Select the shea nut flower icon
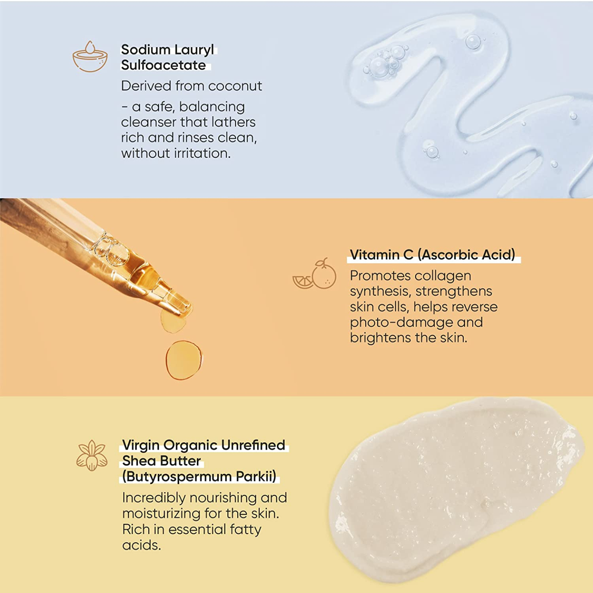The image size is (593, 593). [x=92, y=455]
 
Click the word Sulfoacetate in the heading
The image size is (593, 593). [x=163, y=65]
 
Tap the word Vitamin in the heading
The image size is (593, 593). [x=375, y=254]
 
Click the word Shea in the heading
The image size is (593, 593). [x=139, y=460]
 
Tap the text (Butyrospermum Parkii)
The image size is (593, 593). [x=199, y=476]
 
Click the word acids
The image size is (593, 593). [x=141, y=545]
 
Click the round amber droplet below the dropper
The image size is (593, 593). [x=184, y=360]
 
